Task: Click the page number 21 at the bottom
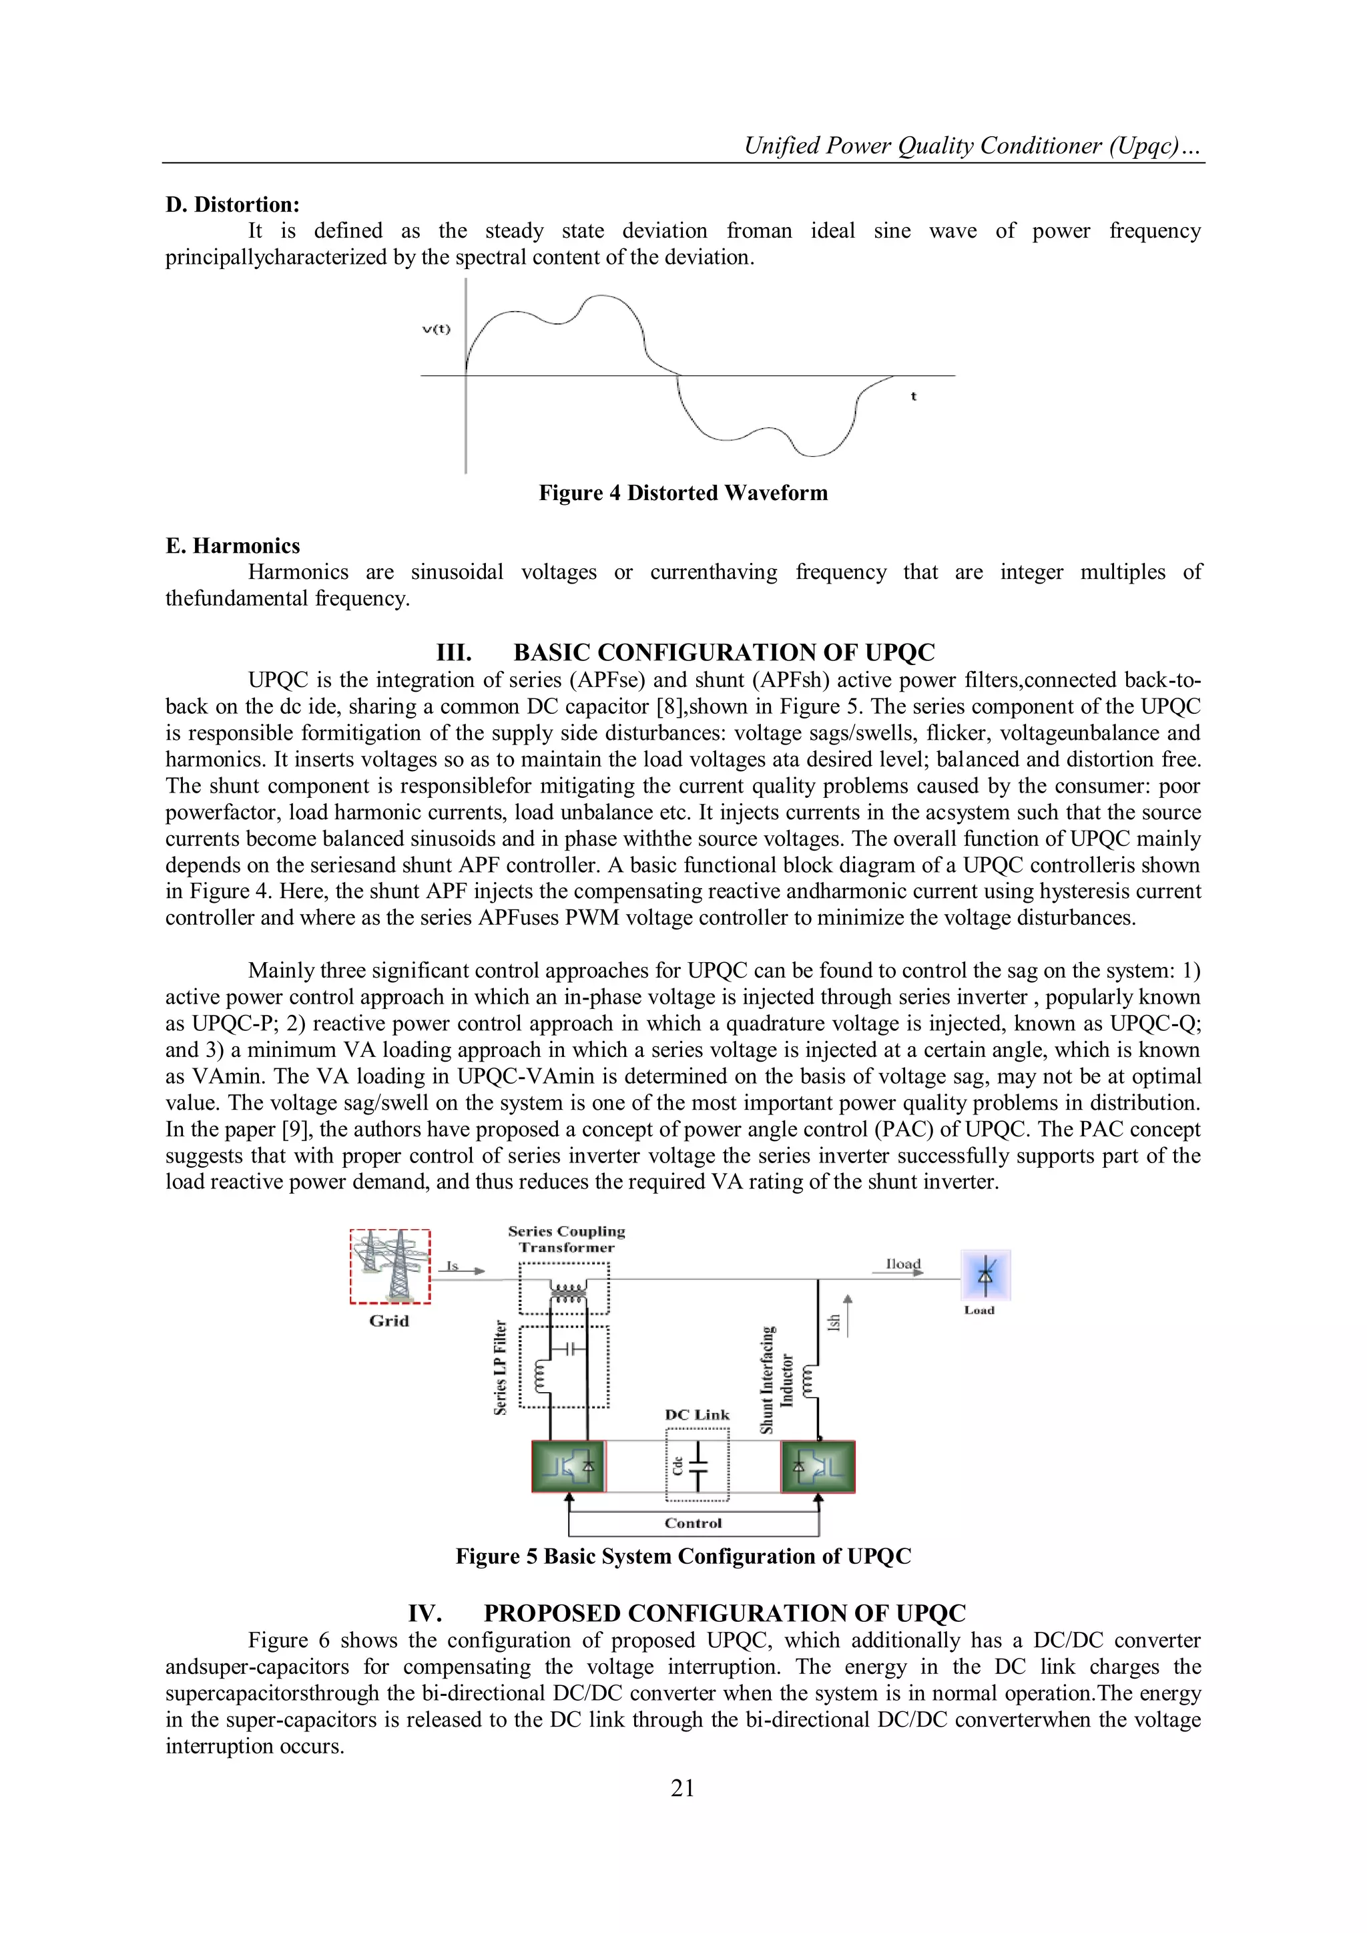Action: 683,1787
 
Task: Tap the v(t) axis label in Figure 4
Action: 436,329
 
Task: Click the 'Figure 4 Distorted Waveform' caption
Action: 683,493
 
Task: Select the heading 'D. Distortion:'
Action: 232,204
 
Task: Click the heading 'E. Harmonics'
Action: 232,546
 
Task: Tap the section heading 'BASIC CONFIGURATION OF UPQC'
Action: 724,652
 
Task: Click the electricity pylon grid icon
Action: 390,1265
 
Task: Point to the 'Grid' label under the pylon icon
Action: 389,1321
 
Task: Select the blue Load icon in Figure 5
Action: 986,1275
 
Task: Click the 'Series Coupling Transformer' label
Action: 567,1239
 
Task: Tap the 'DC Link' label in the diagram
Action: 697,1416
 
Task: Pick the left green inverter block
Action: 568,1466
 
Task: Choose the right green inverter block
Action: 818,1466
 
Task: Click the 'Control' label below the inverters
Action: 693,1523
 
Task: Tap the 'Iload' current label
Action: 903,1264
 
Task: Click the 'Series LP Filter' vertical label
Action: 500,1367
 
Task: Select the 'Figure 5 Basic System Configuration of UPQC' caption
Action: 683,1556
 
